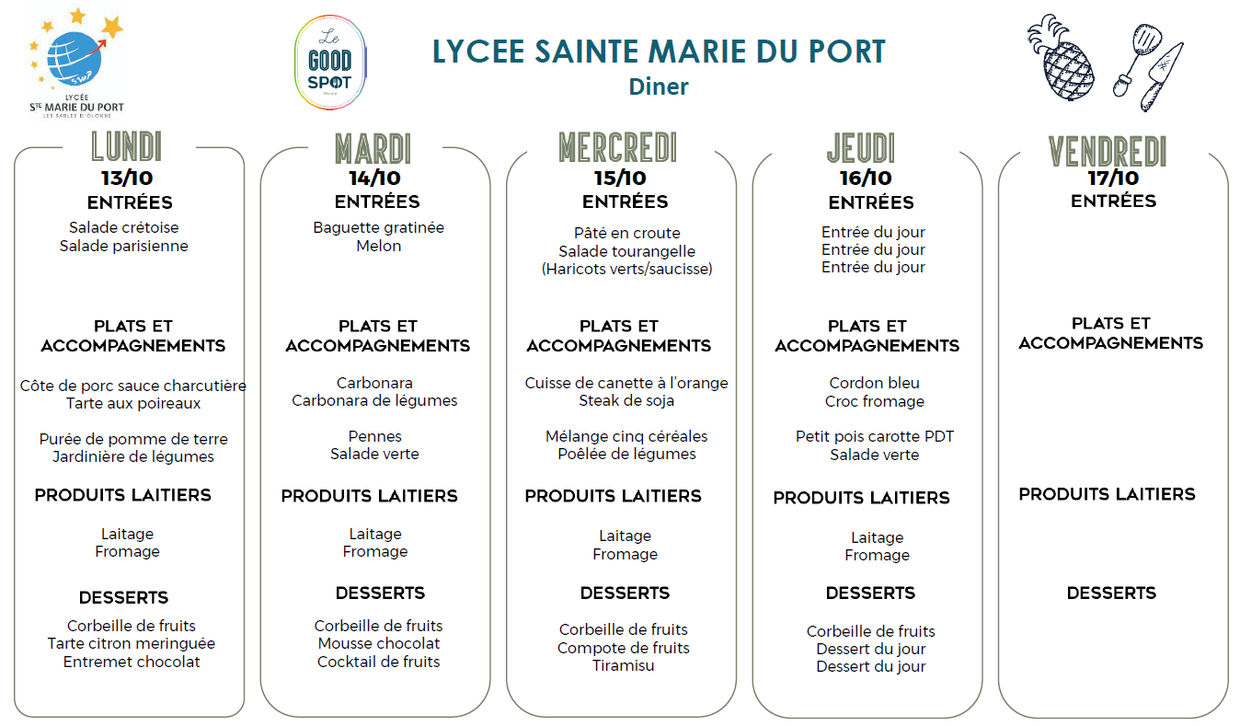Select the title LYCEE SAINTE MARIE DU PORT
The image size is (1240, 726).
point(659,52)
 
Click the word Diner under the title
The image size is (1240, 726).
point(659,86)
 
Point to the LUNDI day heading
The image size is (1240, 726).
point(127,147)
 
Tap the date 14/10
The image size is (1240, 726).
point(374,179)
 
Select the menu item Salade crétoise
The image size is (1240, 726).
point(124,227)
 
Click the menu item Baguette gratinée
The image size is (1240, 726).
point(378,227)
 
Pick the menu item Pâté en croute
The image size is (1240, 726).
point(626,233)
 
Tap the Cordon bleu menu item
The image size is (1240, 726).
point(874,383)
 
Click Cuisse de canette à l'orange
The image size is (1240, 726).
point(626,383)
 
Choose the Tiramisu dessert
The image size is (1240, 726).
point(624,665)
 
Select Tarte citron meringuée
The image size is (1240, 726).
point(132,643)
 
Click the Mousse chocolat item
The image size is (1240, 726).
point(379,643)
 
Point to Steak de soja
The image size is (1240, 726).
point(626,400)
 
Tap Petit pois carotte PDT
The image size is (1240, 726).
point(874,436)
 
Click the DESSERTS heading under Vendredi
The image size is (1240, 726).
point(1111,593)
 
